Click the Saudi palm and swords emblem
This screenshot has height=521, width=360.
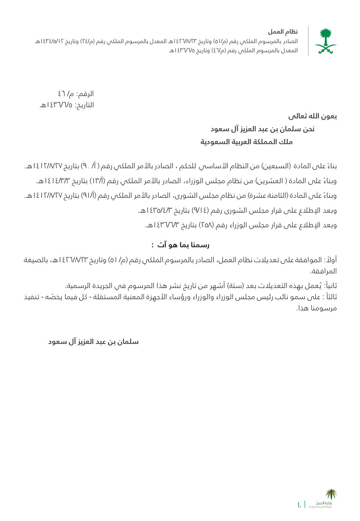tap(325, 41)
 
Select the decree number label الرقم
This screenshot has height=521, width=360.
tap(85, 94)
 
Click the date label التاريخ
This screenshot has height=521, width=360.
tap(84, 105)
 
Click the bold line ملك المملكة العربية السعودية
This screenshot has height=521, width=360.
tap(246, 142)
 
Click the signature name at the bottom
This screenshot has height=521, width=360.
tap(93, 342)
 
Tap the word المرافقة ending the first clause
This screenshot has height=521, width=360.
tap(322, 271)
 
